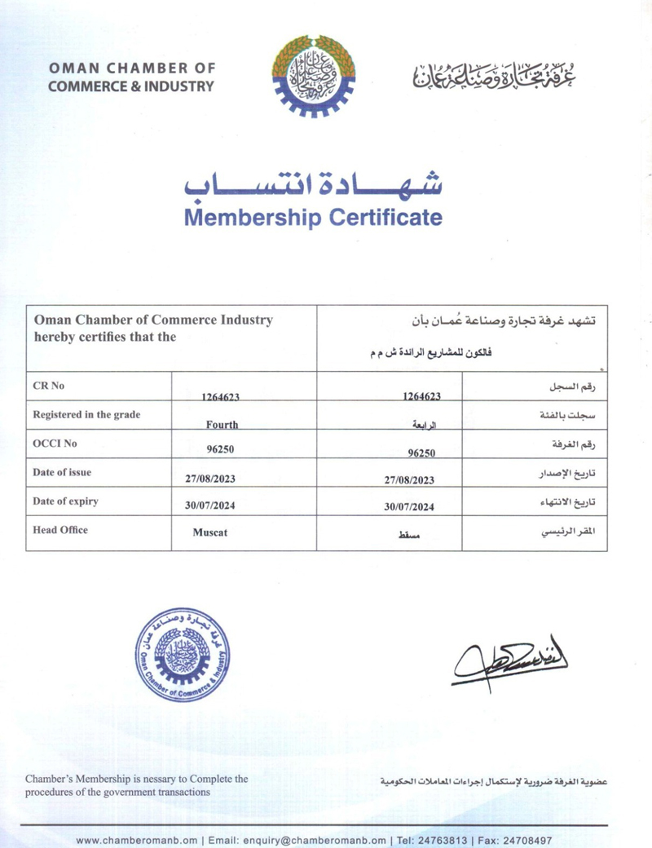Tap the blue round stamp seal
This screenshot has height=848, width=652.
pyautogui.click(x=182, y=655)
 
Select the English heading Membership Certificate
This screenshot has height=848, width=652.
pyautogui.click(x=313, y=218)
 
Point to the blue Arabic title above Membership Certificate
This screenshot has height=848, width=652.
pyautogui.click(x=313, y=185)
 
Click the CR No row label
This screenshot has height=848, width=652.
pyautogui.click(x=48, y=386)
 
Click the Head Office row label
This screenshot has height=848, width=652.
pyautogui.click(x=60, y=530)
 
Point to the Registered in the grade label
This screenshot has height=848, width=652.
pyautogui.click(x=86, y=414)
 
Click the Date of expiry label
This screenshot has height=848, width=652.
pyautogui.click(x=65, y=501)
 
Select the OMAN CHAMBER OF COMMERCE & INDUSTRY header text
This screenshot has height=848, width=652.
pyautogui.click(x=131, y=77)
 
